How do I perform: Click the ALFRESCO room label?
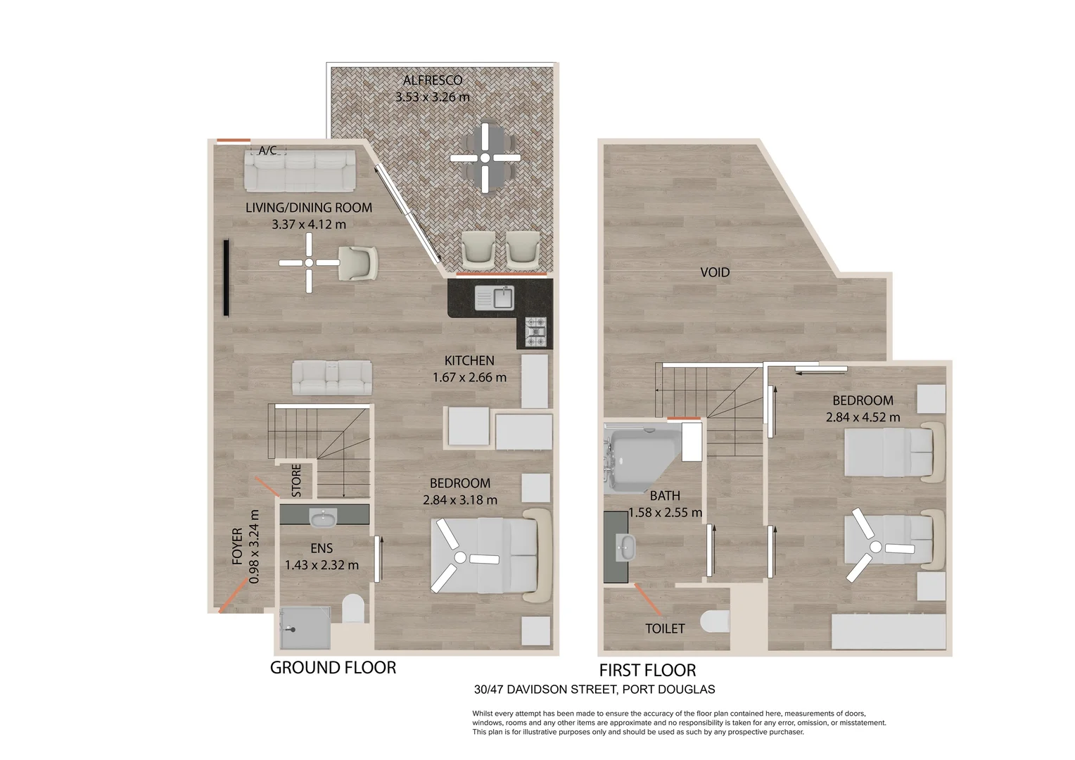433,80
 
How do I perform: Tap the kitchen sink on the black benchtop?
495,298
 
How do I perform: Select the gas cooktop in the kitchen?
535,331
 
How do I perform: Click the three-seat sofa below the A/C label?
300,171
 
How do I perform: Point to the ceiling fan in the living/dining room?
309,262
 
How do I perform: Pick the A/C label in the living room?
268,151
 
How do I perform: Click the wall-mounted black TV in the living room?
226,278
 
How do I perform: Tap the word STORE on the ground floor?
296,480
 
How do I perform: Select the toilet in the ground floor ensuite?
353,609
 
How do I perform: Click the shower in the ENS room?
305,628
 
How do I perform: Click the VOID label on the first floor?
715,272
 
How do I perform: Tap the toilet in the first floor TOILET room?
715,621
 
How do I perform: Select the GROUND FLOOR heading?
333,667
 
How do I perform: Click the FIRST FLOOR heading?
647,670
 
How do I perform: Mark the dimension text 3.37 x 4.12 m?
309,224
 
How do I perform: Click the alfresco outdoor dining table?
485,158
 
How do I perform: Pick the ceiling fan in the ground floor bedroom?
461,557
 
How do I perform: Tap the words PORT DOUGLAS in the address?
668,690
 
